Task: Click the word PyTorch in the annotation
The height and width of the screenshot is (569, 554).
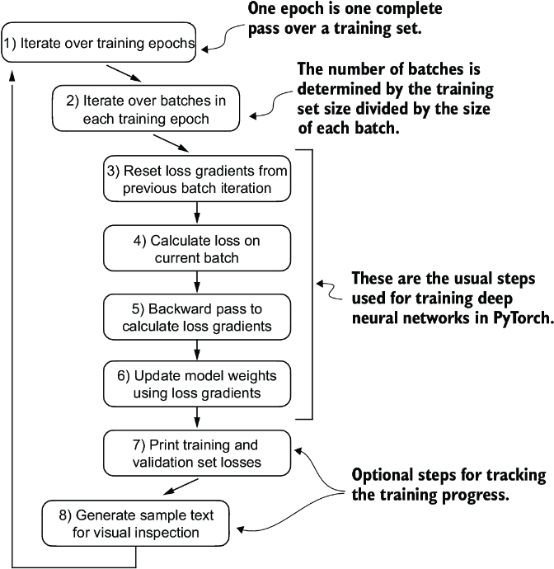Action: pos(515,321)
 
